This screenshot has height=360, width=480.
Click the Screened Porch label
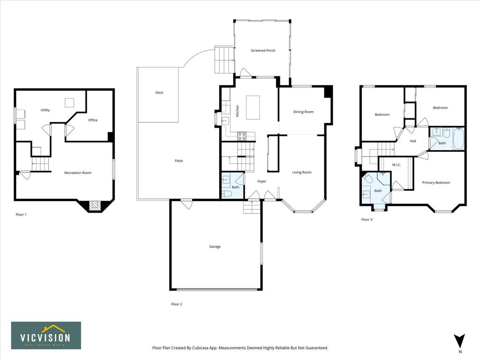tap(263, 51)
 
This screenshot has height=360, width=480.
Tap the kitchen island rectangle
tap(253, 107)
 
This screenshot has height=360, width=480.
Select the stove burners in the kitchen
tap(242, 136)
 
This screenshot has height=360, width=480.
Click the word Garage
tap(215, 247)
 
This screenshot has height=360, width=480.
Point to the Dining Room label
tap(303, 112)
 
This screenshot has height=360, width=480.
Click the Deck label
tap(159, 92)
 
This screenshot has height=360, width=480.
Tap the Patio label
tap(179, 161)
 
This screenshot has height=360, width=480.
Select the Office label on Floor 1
tap(93, 120)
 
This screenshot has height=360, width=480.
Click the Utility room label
tap(45, 110)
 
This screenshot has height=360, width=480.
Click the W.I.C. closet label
tap(397, 165)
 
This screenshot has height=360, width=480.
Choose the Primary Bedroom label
tap(436, 182)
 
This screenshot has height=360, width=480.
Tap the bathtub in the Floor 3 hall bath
tap(458, 138)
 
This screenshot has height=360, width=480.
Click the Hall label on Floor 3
tap(412, 141)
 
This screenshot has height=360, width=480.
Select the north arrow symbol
tap(459, 341)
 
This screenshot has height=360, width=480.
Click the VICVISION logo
tap(46, 336)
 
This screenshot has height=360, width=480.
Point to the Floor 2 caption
tap(177, 304)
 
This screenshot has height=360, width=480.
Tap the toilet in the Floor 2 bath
tap(227, 194)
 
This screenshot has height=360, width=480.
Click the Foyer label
tap(262, 181)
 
